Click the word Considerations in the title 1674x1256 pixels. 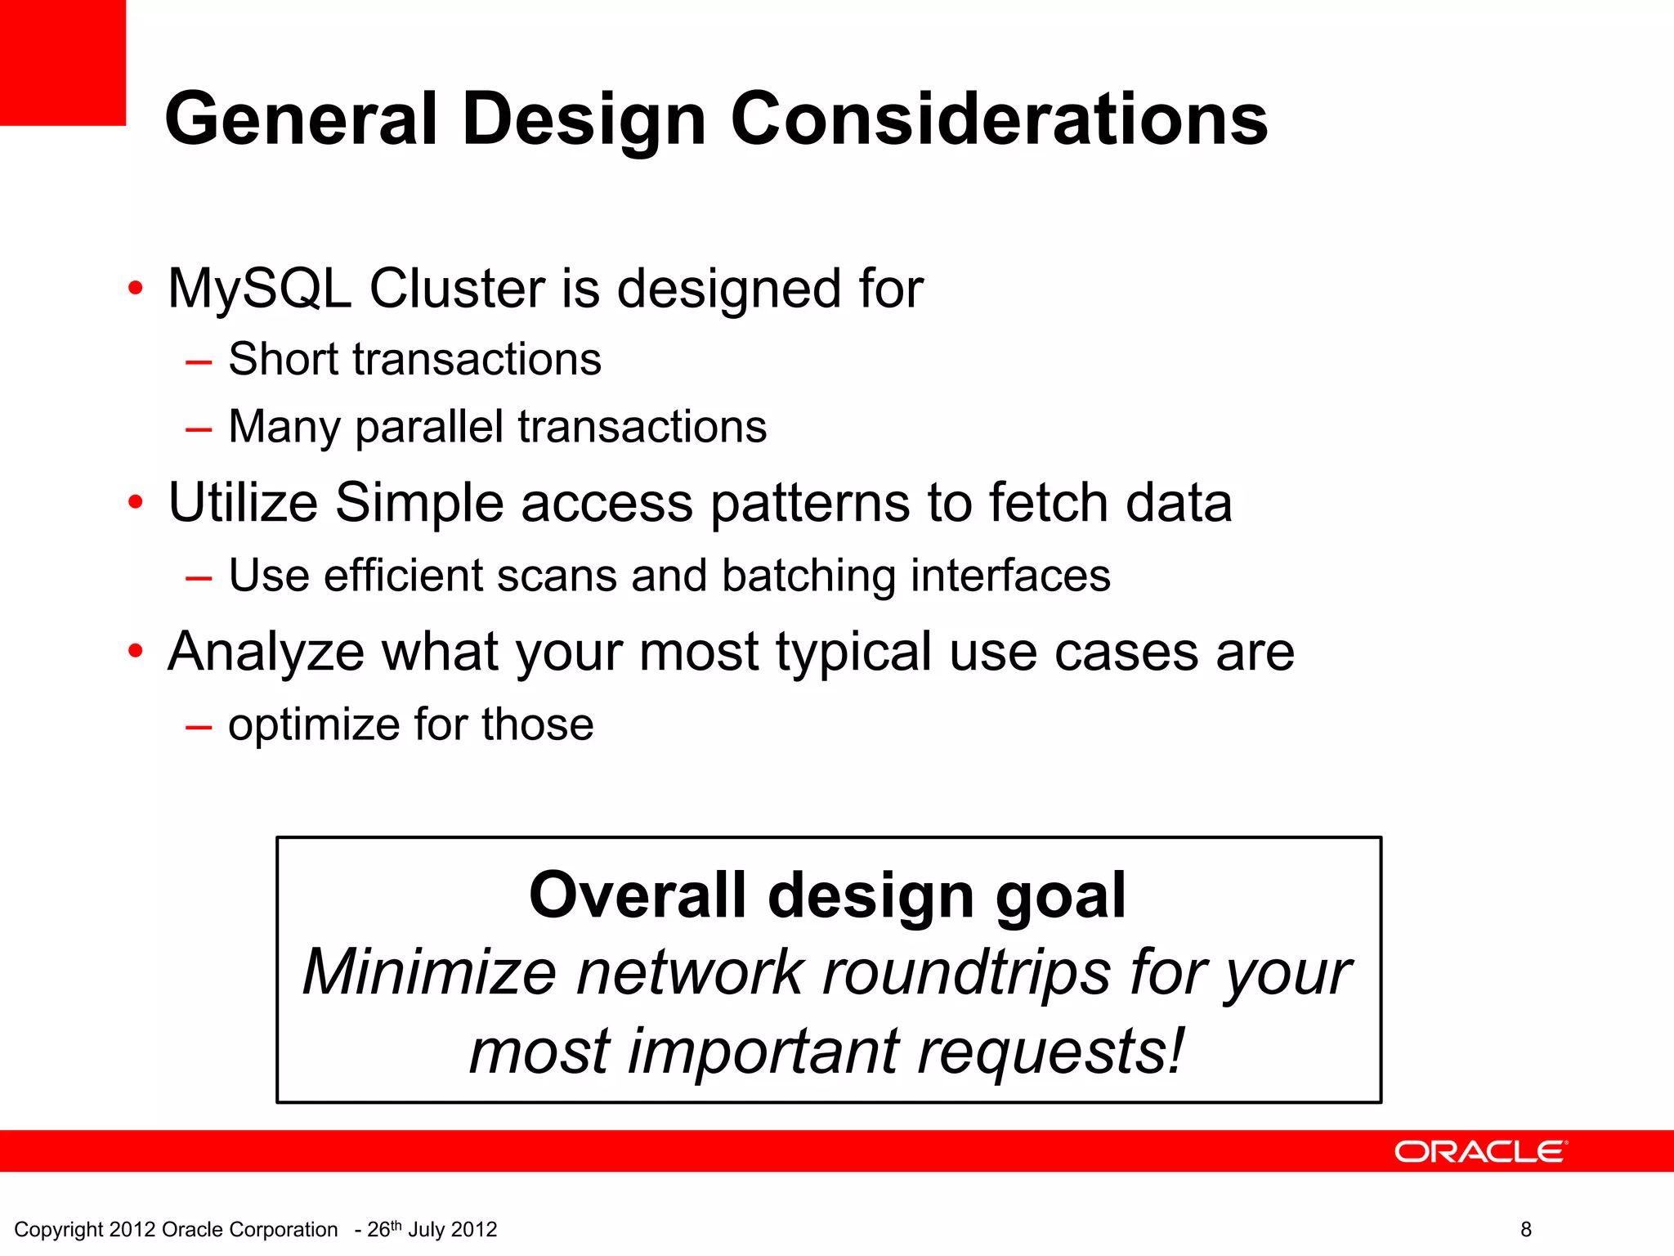(x=998, y=119)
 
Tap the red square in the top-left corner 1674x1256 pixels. (x=62, y=62)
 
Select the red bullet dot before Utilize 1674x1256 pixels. (x=136, y=501)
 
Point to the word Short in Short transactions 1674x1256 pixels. (x=282, y=359)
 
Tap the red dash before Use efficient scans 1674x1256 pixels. (x=199, y=578)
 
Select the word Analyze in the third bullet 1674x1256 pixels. (x=266, y=653)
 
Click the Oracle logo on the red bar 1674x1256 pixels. (x=1480, y=1151)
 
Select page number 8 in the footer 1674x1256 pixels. (x=1525, y=1229)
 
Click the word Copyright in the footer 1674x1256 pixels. (x=58, y=1230)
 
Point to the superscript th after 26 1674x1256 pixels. (x=396, y=1224)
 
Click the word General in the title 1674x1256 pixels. (x=302, y=119)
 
